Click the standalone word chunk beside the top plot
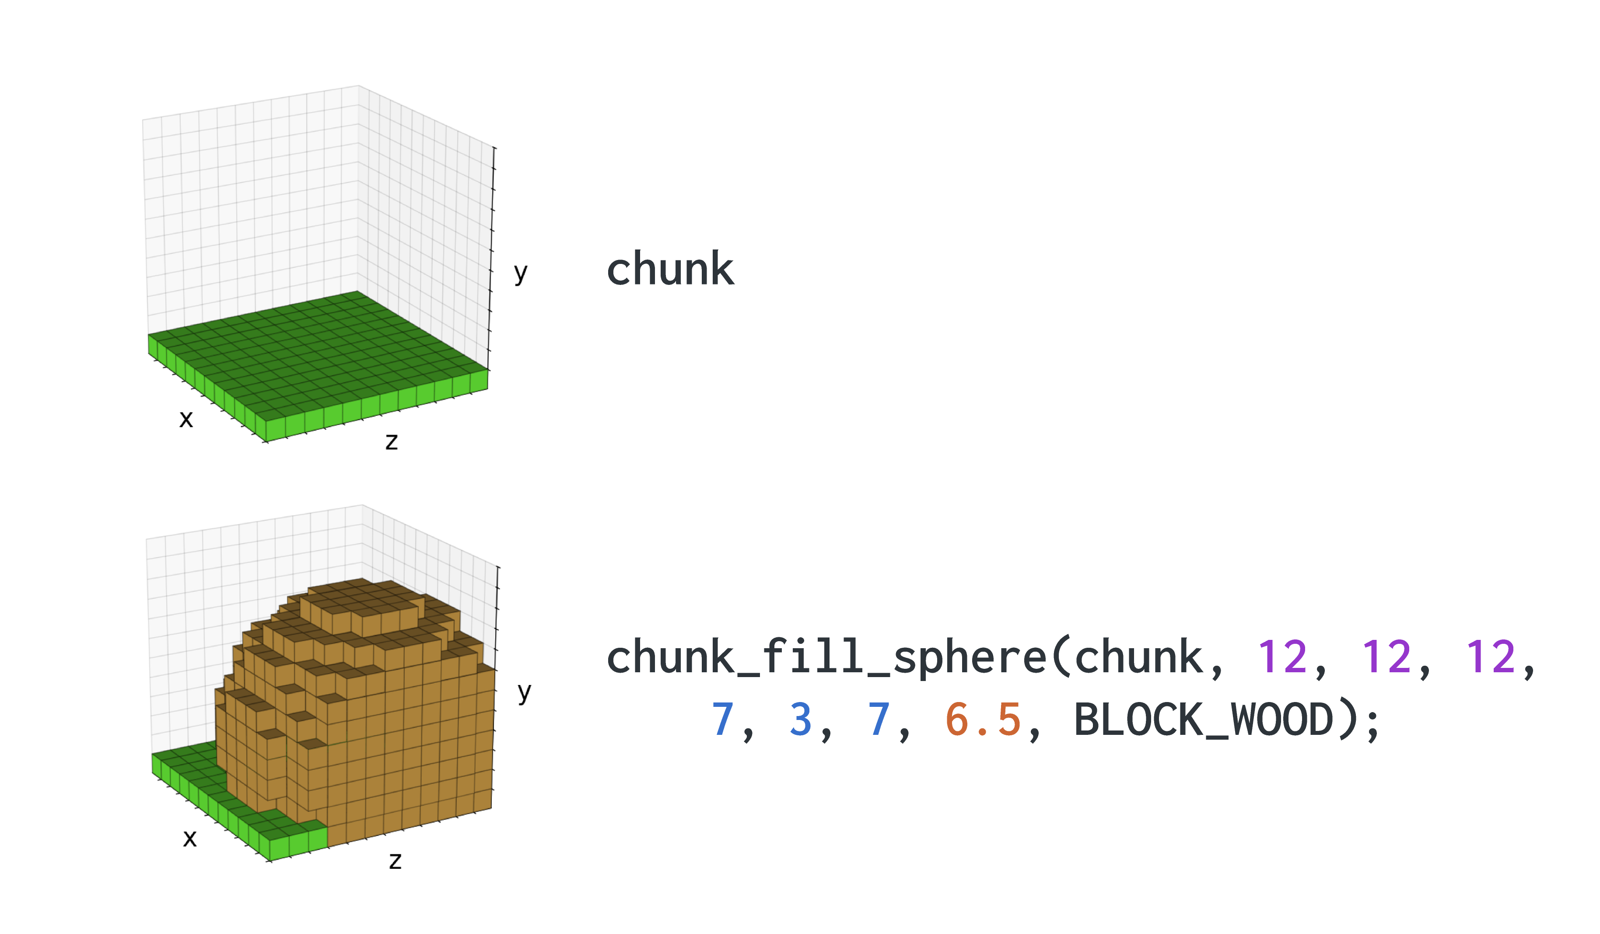pyautogui.click(x=670, y=269)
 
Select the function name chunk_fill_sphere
pyautogui.click(x=826, y=657)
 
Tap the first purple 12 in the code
pyautogui.click(x=1282, y=657)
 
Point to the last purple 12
pyautogui.click(x=1491, y=657)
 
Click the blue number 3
pyautogui.click(x=801, y=720)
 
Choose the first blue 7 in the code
pyautogui.click(x=722, y=720)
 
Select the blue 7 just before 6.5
pyautogui.click(x=879, y=720)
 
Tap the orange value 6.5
pyautogui.click(x=983, y=720)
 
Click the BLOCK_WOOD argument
pyautogui.click(x=1204, y=720)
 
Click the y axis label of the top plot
pyautogui.click(x=521, y=274)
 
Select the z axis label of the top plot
pyautogui.click(x=392, y=441)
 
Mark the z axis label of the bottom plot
pyautogui.click(x=396, y=861)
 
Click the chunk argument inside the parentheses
pyautogui.click(x=1138, y=657)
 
